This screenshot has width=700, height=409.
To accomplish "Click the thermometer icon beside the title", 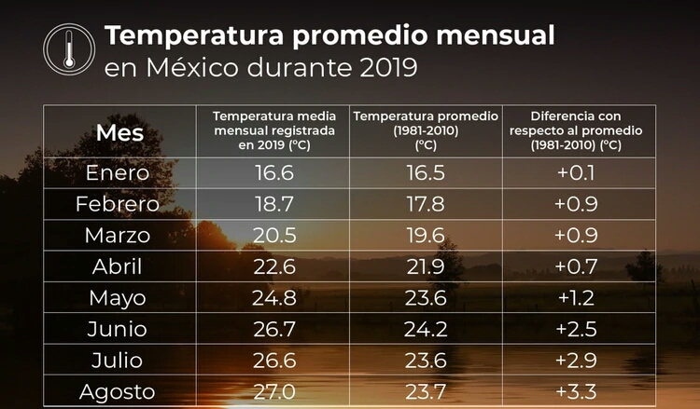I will (x=69, y=49).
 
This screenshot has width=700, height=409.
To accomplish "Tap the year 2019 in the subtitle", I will (x=381, y=68).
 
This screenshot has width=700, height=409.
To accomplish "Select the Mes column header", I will (x=119, y=132).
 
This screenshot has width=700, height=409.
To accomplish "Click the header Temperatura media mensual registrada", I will (x=273, y=130).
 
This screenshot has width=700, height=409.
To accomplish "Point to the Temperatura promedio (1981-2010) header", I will (x=426, y=130).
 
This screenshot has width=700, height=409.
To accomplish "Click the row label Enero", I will (x=118, y=172).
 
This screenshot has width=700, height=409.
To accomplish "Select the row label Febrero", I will (x=118, y=204).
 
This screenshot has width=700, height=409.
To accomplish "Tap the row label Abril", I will (x=118, y=266).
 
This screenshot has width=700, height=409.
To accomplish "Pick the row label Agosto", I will (x=118, y=391).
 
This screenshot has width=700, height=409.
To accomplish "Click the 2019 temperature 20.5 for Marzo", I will (x=274, y=236).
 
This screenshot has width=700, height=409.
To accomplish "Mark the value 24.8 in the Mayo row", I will (x=274, y=298).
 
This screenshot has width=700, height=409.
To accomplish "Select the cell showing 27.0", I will (x=274, y=391).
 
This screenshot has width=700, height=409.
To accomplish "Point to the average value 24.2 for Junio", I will (x=425, y=330).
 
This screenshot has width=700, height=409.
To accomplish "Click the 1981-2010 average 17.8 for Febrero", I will (x=425, y=204).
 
